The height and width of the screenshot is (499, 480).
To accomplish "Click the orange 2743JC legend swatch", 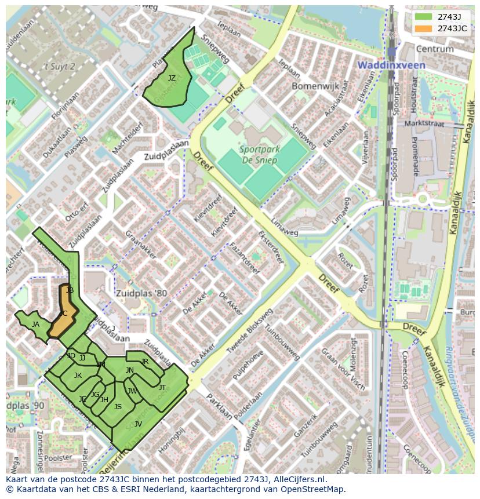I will [x=424, y=28].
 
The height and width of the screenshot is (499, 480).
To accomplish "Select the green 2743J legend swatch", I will [x=424, y=17].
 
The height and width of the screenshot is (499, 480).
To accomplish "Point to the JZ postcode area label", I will [x=172, y=78].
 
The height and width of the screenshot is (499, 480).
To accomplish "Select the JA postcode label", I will [x=35, y=325].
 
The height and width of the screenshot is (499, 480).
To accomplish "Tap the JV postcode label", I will [x=138, y=424].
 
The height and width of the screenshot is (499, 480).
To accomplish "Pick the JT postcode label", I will [x=162, y=387].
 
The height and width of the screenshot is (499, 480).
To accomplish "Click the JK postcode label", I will [x=78, y=376].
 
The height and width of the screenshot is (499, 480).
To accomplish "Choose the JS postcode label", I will [x=118, y=407].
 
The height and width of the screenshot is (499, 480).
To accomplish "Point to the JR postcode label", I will [x=145, y=362].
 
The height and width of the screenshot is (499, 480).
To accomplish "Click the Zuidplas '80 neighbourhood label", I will [x=140, y=293].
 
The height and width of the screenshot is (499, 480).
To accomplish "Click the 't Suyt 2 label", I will [x=60, y=67].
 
